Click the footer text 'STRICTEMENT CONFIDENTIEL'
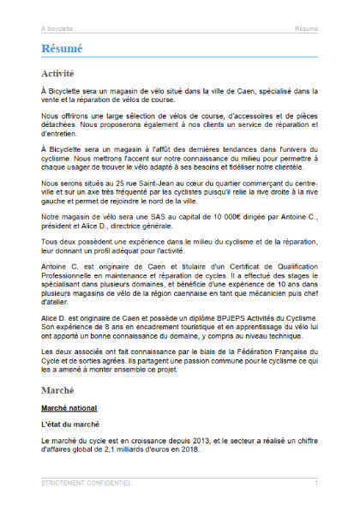coord(86,484)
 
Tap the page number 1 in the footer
coord(315,484)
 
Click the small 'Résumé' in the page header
coord(306,28)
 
